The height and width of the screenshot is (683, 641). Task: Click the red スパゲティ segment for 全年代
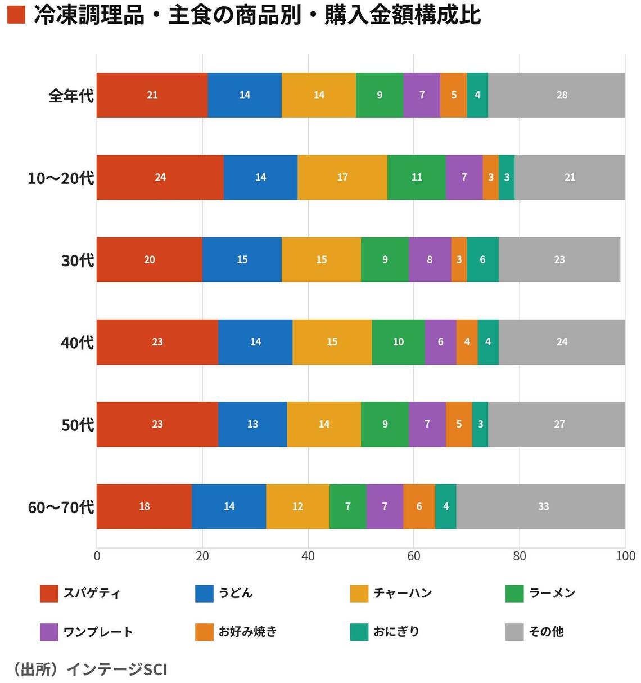coord(152,95)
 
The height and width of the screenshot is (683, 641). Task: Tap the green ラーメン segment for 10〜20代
coord(416,177)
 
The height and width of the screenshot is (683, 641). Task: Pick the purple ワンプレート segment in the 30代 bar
coord(430,259)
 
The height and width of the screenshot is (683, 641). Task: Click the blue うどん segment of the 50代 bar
coord(252,424)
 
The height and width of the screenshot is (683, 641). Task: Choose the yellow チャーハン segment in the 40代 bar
coord(332,342)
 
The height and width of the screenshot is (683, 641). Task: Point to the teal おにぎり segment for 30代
coord(482,259)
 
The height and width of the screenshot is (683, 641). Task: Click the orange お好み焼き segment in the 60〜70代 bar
coord(419,506)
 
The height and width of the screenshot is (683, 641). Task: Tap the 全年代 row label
coord(71,96)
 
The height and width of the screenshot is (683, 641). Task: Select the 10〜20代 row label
coord(61,178)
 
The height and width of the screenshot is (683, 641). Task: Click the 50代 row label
coord(77,425)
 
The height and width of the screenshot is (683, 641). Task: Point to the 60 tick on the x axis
coord(414,556)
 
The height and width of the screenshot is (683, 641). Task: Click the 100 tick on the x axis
coord(625,556)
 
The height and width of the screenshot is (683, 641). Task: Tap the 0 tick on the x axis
coord(97,556)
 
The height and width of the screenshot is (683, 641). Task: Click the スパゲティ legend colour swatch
coord(49,594)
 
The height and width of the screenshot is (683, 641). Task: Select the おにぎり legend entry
coord(396,632)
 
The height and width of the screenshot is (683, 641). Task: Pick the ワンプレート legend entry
coord(98,632)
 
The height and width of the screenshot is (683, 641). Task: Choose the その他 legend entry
coord(546,632)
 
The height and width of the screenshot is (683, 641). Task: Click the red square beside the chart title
coord(16,15)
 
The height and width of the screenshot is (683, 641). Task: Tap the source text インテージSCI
coord(117,669)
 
